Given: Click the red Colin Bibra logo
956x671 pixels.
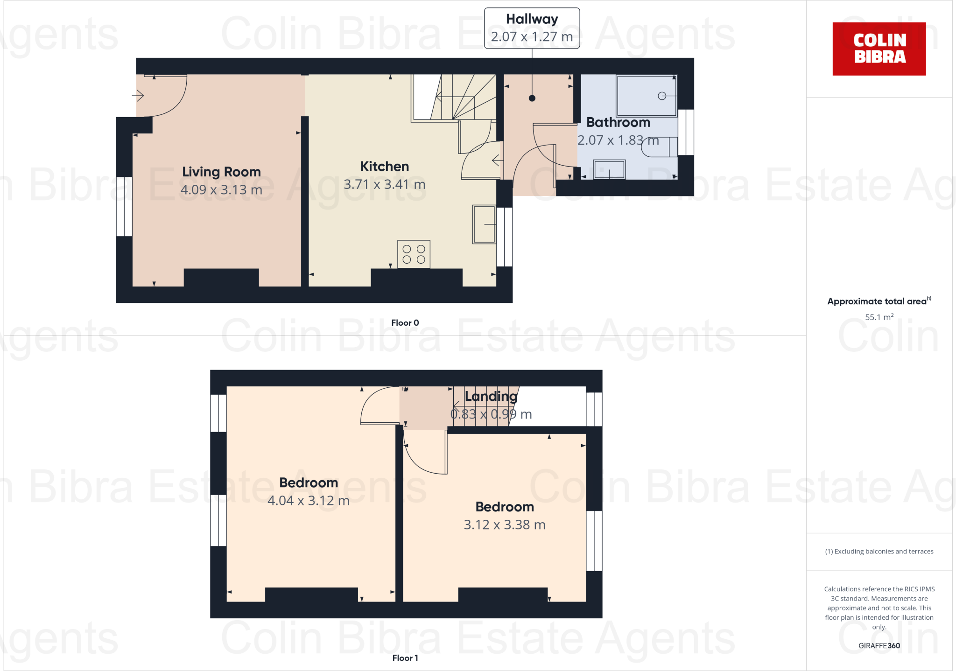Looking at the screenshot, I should point(879,49).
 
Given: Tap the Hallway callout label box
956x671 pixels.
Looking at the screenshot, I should point(532,28).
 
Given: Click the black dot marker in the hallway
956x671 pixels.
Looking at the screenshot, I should point(532,98).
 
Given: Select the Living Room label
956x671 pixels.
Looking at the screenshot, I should point(221,172).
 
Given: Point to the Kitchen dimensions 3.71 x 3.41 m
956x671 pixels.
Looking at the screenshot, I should point(384,184).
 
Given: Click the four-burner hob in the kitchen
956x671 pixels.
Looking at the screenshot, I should point(414,254).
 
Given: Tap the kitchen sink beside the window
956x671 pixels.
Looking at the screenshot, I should point(484,224).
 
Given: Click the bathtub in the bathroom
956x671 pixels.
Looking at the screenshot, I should point(647,96).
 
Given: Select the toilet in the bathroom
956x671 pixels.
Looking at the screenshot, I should point(659,147).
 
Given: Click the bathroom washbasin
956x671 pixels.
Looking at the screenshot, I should point(609,169).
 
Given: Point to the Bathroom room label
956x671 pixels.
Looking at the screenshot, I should point(618,122).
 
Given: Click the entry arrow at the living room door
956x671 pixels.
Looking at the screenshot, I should point(138,96).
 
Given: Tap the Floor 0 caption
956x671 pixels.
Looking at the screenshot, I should point(405,322).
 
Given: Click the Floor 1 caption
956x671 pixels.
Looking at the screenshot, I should point(405,658).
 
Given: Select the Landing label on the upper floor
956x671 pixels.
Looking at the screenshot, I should point(491,396).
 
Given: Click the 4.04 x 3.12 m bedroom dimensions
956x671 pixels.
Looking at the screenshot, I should point(308,501).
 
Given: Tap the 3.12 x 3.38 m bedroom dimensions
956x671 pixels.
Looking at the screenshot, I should point(504,525).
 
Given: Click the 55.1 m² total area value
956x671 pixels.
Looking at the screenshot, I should point(879,317).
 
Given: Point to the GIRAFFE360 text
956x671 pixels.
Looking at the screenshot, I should point(879,646).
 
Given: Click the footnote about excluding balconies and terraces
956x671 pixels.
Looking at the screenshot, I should point(879,552).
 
